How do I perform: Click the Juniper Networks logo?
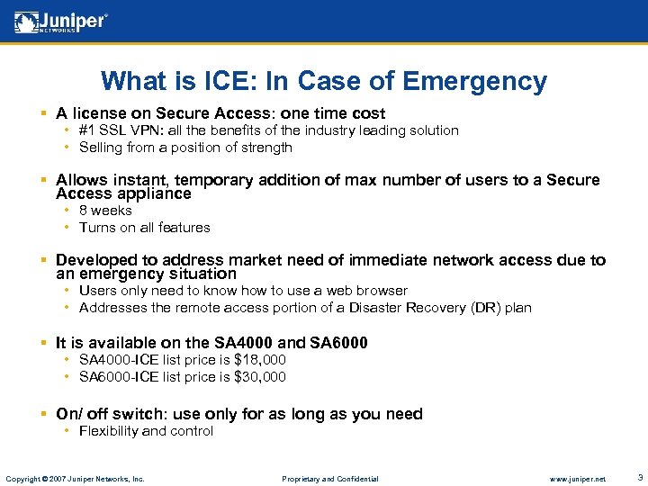tap(61, 22)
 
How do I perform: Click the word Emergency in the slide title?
tap(474, 81)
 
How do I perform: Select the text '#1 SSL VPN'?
tap(114, 130)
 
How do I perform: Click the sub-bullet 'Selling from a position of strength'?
tap(185, 148)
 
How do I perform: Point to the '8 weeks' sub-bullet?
tap(105, 211)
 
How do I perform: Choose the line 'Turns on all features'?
tap(144, 228)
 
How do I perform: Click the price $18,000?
tap(259, 360)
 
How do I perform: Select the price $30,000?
tap(259, 377)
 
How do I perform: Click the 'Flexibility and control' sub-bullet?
tap(146, 431)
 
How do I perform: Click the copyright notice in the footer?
tap(75, 479)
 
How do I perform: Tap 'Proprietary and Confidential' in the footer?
tap(329, 479)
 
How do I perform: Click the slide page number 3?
tap(639, 477)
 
